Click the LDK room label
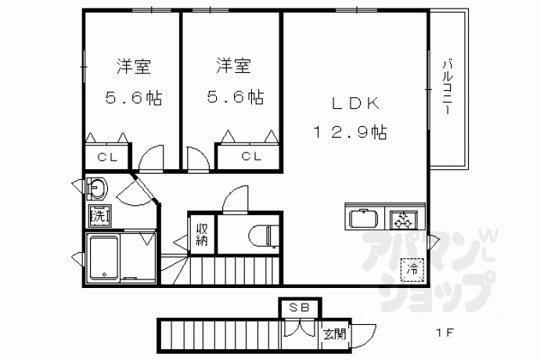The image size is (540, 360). coord(355,103)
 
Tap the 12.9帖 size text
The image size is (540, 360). coord(351,132)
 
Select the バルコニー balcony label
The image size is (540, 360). coord(448,87)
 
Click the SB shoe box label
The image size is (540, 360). coord(299,307)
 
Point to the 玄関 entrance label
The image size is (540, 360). coord(334,334)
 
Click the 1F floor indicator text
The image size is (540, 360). coord(445,333)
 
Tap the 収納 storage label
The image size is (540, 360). coord(202,234)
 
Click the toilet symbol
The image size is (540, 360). coord(263,236)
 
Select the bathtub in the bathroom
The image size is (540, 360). coord(104,258)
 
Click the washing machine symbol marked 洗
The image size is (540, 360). coord(100,216)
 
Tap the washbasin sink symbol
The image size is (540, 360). coord(97,188)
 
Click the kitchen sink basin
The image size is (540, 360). coord(363,218)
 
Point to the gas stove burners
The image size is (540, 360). coord(403,220)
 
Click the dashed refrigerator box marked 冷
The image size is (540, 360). coord(412,269)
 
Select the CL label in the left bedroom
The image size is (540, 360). coord(107,157)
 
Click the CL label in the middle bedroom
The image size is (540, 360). coord(251,157)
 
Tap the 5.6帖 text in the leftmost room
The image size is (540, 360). coord(133,98)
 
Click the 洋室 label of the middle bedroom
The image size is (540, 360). coord(233,66)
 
